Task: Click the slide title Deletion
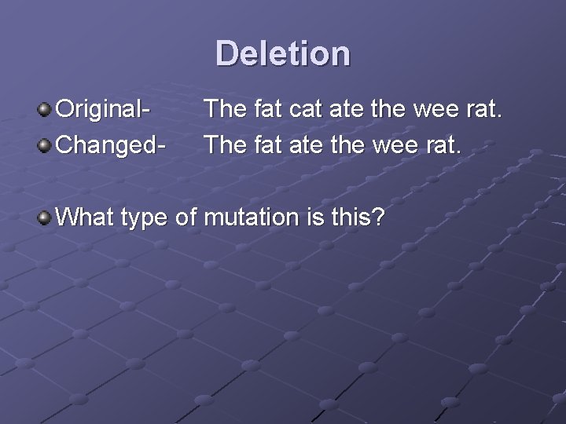tap(283, 53)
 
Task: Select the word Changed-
tap(112, 144)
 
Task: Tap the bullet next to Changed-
tap(46, 144)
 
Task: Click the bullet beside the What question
tap(46, 215)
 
